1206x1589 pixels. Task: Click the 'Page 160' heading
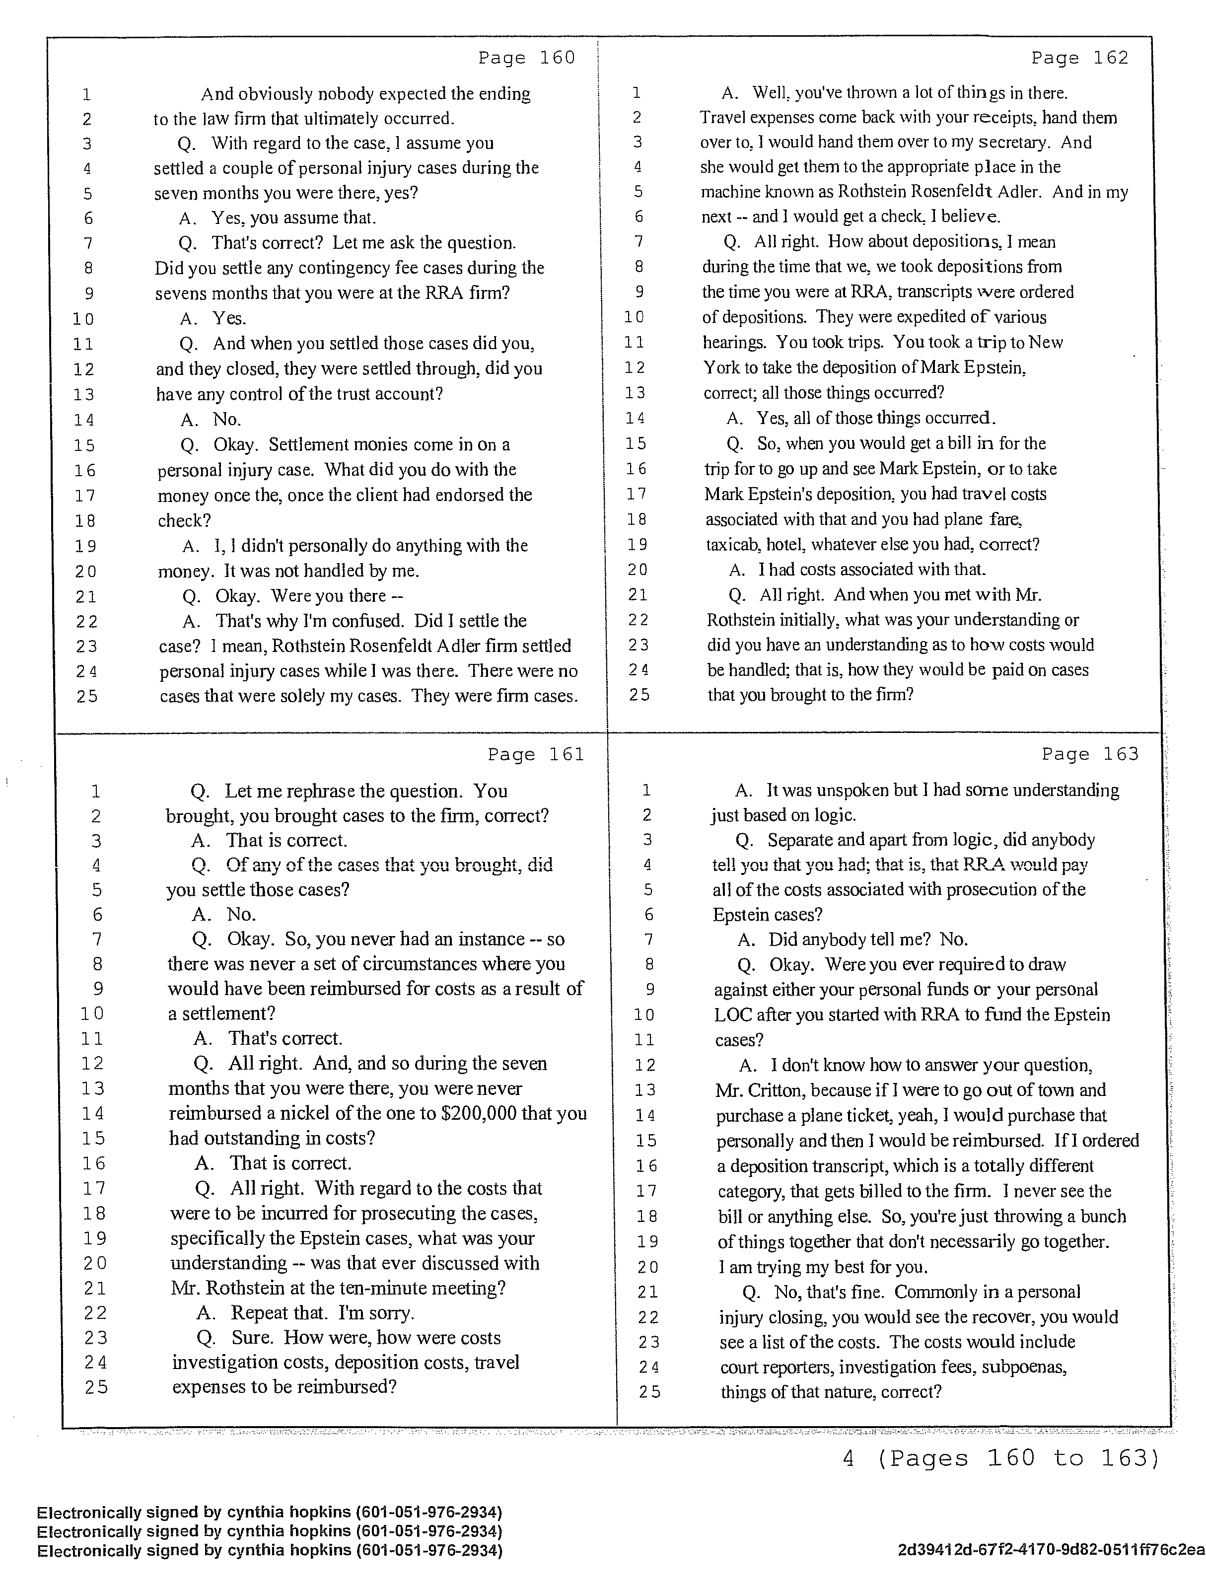click(526, 58)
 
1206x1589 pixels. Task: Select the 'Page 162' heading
click(1079, 58)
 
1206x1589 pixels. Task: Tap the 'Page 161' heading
click(536, 754)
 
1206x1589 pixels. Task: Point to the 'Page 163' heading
click(1090, 754)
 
